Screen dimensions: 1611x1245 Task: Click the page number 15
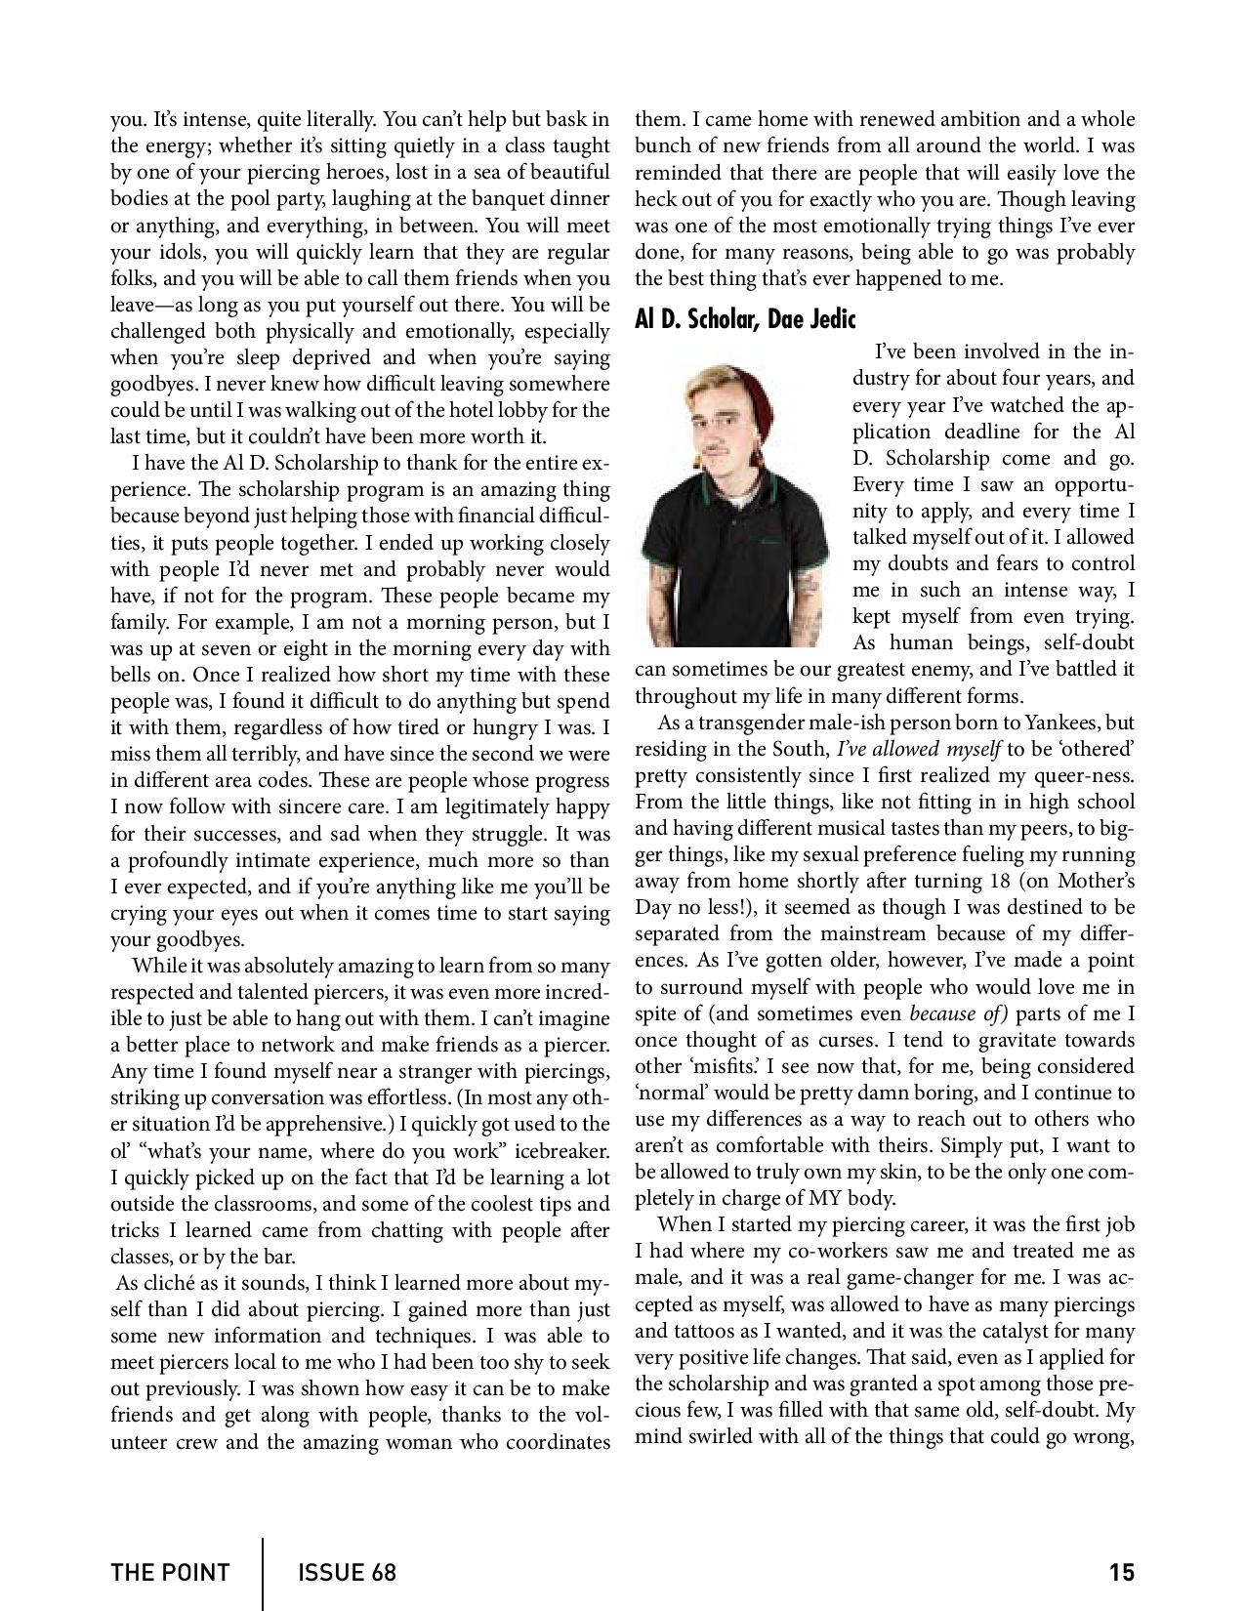pos(1121,1573)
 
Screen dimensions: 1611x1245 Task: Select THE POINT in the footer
pos(170,1573)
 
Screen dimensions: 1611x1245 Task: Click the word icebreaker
pos(560,1151)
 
